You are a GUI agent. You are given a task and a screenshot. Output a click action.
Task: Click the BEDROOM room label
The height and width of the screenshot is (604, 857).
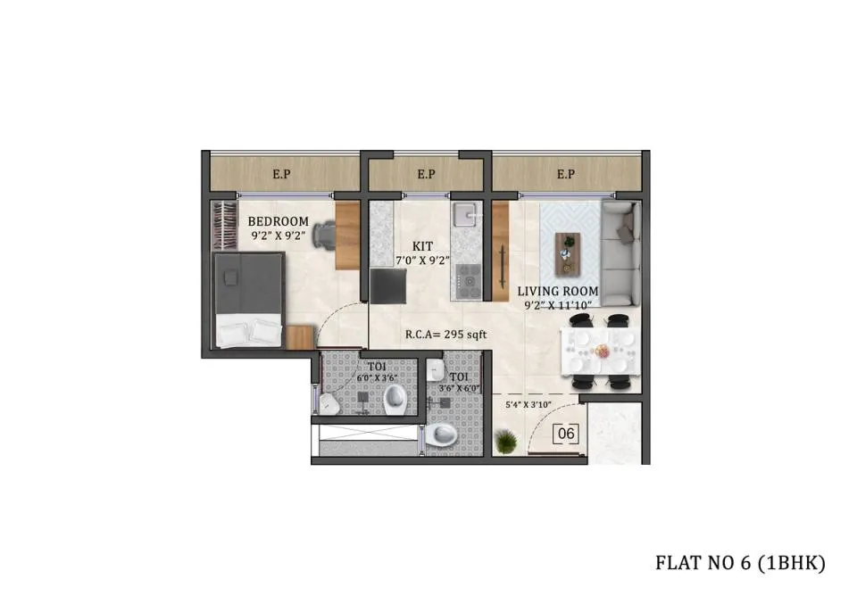[x=279, y=221]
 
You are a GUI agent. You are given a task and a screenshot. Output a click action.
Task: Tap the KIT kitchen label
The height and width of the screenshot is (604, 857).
[x=422, y=246]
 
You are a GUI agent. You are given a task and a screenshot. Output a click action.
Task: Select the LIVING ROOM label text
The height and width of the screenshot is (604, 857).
[x=557, y=291]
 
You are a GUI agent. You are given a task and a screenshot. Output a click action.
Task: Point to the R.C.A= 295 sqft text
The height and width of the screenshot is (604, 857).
[x=445, y=335]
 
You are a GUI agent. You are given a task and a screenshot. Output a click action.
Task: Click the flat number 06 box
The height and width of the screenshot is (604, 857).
[x=566, y=434]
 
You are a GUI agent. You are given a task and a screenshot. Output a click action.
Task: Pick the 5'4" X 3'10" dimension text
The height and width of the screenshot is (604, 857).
[x=528, y=405]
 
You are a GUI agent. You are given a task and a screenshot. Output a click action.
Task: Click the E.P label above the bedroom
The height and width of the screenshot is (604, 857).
[x=281, y=174]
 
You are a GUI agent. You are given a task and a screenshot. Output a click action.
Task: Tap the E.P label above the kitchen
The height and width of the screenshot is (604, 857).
[x=427, y=174]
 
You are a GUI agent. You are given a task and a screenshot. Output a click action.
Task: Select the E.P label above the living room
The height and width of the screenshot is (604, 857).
[x=566, y=174]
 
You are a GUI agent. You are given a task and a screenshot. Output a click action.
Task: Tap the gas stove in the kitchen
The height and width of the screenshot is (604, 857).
[x=467, y=282]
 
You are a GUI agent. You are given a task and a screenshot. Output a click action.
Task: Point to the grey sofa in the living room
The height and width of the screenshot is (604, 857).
[x=620, y=252]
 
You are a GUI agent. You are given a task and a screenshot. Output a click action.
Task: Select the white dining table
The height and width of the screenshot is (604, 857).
[x=598, y=352]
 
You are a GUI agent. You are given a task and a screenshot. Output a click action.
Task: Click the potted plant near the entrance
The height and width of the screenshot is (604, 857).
[x=505, y=442]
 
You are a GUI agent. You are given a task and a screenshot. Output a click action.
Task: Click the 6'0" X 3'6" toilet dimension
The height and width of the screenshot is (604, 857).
[x=377, y=378]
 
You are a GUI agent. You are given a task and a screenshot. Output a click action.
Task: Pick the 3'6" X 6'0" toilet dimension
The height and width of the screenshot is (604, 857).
[x=459, y=388]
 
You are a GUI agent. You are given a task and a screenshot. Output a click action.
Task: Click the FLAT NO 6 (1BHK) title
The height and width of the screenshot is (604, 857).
[x=740, y=562]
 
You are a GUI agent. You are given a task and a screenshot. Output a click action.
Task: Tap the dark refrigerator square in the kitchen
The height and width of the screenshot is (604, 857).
[x=388, y=285]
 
